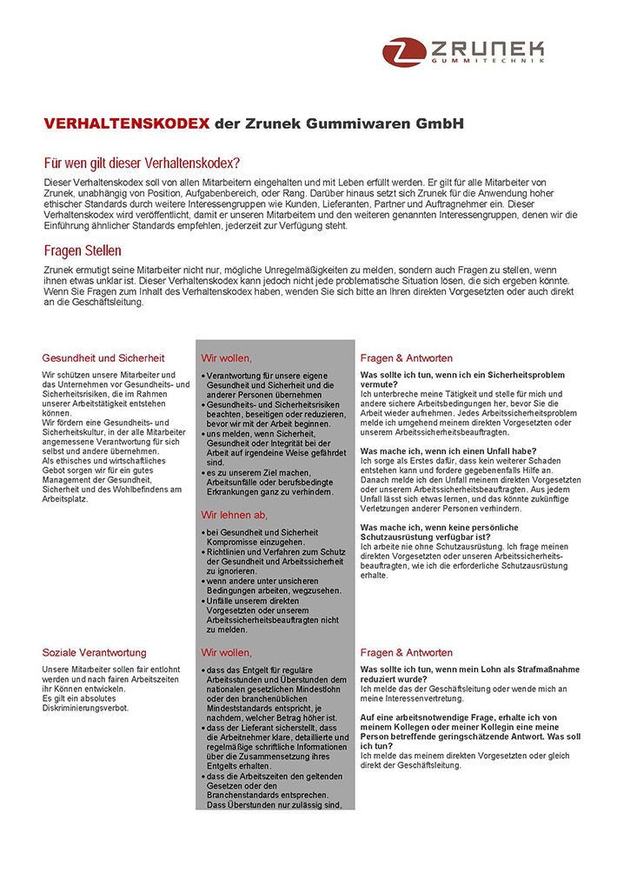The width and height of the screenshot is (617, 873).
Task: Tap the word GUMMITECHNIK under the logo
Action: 487,63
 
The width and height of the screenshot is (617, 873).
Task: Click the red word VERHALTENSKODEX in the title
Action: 127,123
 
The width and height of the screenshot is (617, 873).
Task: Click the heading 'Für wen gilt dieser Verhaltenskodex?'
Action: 142,163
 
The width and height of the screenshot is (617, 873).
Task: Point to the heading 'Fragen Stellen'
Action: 83,251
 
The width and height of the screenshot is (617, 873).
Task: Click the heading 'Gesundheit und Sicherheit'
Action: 103,357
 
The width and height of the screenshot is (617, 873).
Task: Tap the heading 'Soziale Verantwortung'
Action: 94,652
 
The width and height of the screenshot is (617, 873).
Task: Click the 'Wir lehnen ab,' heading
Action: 235,515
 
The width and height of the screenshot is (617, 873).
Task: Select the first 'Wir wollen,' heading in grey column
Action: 227,357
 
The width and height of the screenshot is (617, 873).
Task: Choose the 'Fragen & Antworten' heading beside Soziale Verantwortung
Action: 406,652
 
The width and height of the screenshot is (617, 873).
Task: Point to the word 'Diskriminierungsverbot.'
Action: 85,707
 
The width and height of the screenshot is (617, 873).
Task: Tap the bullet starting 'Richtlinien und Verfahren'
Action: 269,551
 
